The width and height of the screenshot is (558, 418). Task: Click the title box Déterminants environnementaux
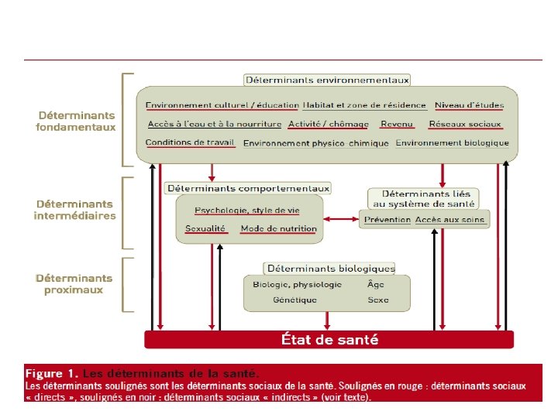pos(327,80)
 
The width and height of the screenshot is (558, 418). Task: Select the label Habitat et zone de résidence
pos(364,105)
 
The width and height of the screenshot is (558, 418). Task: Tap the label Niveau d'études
pos(469,105)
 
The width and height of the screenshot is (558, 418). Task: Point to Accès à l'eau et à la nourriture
pos(214,124)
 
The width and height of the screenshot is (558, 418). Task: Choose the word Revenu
pos(397,124)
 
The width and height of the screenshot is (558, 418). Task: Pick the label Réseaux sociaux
pos(465,124)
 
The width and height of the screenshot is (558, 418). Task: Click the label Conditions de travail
pos(190,142)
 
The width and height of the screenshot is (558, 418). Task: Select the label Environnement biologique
pos(453,143)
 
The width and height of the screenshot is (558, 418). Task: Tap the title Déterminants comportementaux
pos(248,188)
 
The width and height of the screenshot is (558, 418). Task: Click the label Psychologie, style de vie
pos(246,210)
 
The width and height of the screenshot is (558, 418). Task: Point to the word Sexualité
pos(205,228)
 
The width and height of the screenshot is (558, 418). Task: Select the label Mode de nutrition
pos(278,228)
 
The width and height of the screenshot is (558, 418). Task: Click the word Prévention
pos(387,220)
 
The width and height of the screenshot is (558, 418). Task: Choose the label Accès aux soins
pos(449,220)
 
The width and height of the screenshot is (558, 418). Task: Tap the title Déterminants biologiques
pos(330,269)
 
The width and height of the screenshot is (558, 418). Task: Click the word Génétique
pos(294,300)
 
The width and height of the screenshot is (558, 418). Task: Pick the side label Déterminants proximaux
pos(74,284)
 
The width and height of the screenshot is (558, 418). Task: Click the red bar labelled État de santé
pos(329,339)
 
